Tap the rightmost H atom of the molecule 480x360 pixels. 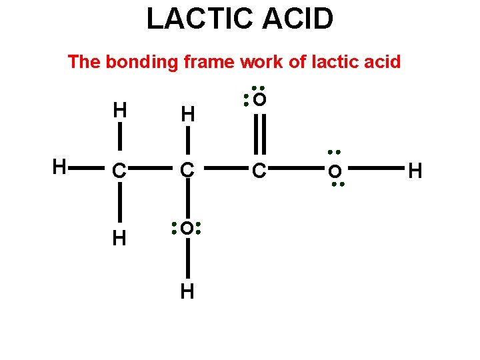415,171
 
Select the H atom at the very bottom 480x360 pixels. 187,291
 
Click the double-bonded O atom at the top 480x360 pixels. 260,100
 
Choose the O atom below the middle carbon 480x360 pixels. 187,229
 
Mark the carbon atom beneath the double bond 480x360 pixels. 259,172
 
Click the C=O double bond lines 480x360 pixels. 259,135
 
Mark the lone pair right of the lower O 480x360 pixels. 199,229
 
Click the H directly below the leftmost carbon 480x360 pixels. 119,238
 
